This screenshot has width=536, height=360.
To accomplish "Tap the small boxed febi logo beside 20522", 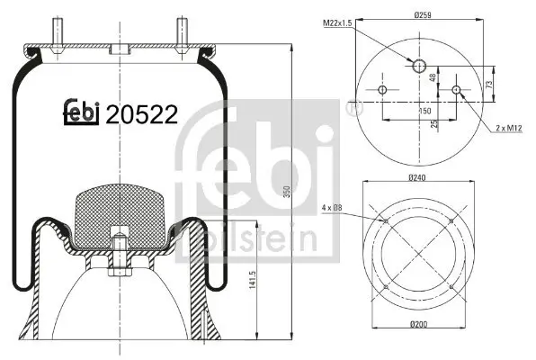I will pos(82,112).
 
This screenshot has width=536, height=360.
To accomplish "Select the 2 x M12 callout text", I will pos(508,130).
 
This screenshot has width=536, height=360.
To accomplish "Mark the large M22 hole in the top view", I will pos(419,66).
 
